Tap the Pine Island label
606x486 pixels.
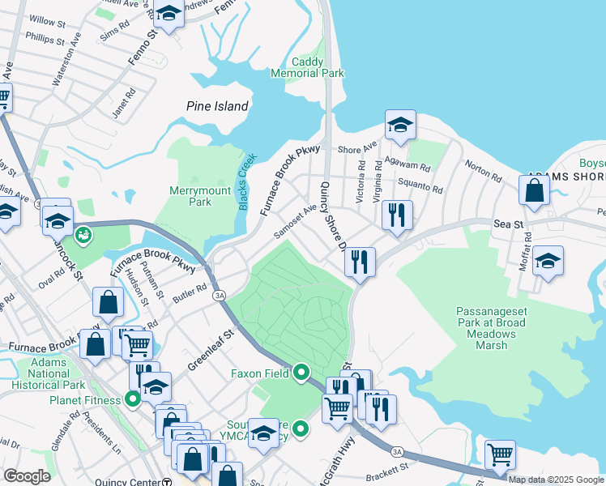pyautogui.click(x=217, y=106)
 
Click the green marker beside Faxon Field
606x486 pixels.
pyautogui.click(x=301, y=373)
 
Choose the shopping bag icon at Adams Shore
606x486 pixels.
pyautogui.click(x=535, y=191)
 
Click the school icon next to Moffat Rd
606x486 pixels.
pyautogui.click(x=548, y=261)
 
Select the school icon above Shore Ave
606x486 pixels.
pyautogui.click(x=400, y=125)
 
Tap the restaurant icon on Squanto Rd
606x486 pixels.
pyautogui.click(x=396, y=215)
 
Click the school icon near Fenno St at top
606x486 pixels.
pyautogui.click(x=169, y=14)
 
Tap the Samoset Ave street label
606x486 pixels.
pyautogui.click(x=295, y=220)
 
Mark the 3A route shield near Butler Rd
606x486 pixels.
pyautogui.click(x=220, y=296)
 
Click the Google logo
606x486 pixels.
pyautogui.click(x=28, y=476)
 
